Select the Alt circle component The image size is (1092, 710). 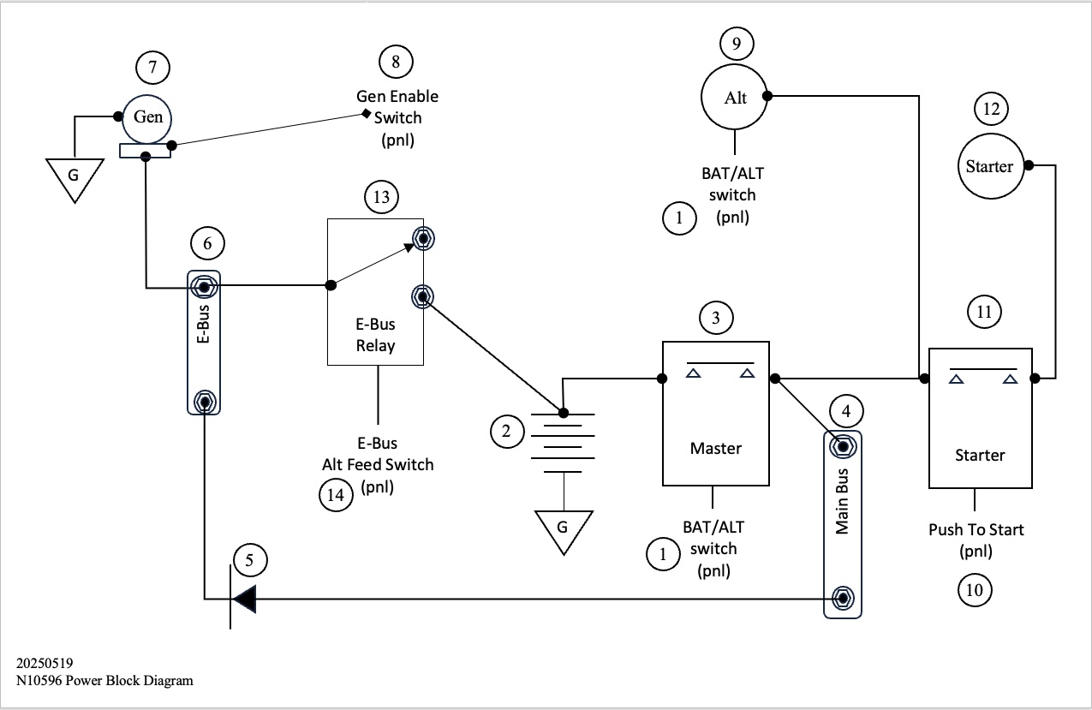(x=735, y=97)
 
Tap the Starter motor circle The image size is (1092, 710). (x=989, y=166)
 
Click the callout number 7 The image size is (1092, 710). (x=153, y=67)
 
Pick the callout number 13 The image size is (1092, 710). (x=381, y=198)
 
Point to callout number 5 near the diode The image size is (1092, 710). (x=249, y=561)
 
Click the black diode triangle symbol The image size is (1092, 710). (x=245, y=599)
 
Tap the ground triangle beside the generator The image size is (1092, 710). (x=74, y=178)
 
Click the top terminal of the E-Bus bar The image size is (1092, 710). (x=204, y=284)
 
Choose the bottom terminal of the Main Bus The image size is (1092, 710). (x=842, y=597)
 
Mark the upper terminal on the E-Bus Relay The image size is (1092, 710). (x=421, y=237)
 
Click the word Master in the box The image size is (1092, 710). (x=716, y=448)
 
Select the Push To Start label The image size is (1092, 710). (x=976, y=529)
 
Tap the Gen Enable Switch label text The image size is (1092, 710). (x=397, y=108)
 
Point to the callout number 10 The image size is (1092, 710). (x=975, y=589)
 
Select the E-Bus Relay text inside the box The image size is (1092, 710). (x=375, y=336)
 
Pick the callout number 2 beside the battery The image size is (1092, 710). (x=506, y=432)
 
